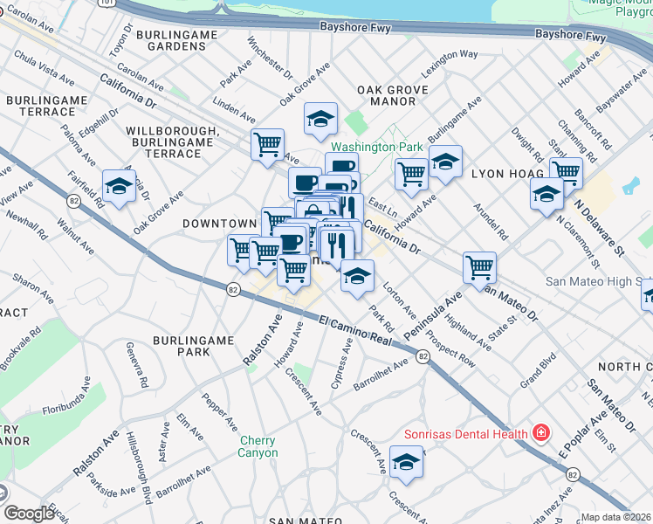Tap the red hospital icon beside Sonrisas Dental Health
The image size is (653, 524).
pyautogui.click(x=541, y=432)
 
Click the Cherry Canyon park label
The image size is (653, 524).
pyautogui.click(x=258, y=446)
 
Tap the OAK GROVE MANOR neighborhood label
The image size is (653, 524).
pyautogui.click(x=393, y=96)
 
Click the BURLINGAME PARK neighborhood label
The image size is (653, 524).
pyautogui.click(x=181, y=345)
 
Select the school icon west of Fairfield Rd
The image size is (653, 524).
pyautogui.click(x=118, y=184)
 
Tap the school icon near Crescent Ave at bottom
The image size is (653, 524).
pyautogui.click(x=406, y=462)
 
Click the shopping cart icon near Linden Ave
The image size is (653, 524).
pyautogui.click(x=267, y=144)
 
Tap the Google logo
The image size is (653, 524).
pyautogui.click(x=29, y=514)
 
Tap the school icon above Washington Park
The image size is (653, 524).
pyautogui.click(x=320, y=118)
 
